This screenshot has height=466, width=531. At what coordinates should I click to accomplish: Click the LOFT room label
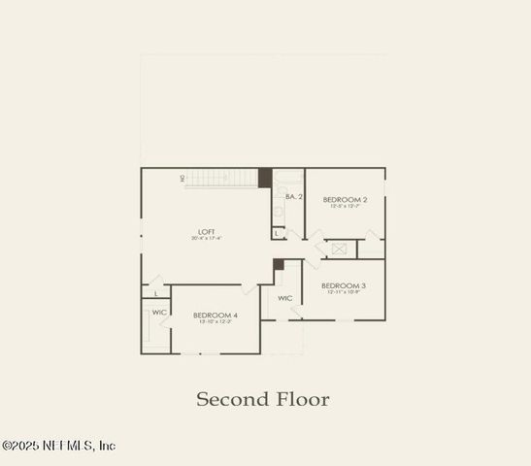point(206,231)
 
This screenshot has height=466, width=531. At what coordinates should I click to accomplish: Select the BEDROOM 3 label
point(344,285)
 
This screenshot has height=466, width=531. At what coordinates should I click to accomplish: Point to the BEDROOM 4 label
point(215,315)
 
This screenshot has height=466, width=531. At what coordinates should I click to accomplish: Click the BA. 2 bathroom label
point(294,197)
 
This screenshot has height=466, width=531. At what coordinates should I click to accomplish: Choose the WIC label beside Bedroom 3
point(285,298)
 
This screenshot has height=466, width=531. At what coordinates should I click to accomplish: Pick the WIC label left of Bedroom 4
point(159,312)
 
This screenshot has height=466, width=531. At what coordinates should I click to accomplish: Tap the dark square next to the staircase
point(264,178)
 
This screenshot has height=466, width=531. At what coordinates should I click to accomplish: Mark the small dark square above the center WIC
point(279,264)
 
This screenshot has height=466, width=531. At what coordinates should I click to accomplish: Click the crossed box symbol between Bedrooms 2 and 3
point(339,249)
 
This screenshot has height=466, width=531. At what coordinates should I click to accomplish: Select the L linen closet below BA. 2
point(278,233)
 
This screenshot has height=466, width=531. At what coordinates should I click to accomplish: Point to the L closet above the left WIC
point(155,293)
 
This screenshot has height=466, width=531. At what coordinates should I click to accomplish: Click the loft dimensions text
point(206,239)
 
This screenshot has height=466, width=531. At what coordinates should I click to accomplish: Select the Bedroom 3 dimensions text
point(344,292)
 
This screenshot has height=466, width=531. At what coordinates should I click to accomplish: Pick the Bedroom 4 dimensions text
point(215,322)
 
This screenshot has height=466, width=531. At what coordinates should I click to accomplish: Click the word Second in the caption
point(230,399)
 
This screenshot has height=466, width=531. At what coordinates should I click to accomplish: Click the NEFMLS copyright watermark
point(58,446)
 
